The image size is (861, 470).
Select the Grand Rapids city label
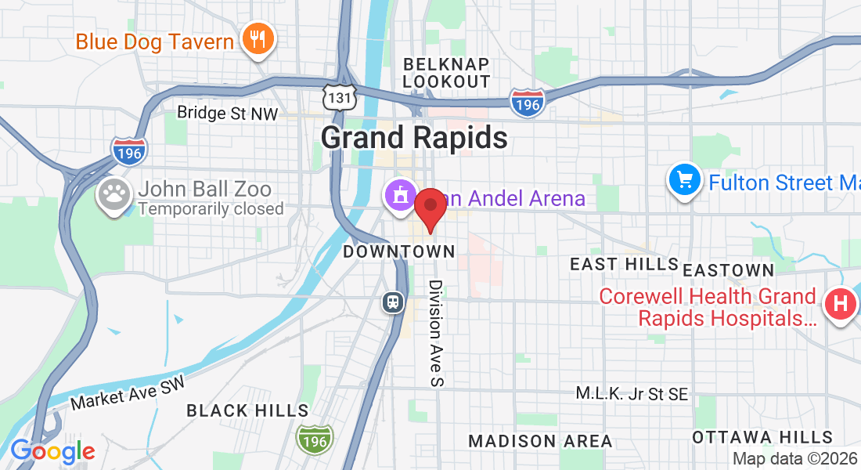click(x=414, y=138)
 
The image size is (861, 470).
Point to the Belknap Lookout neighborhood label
click(x=446, y=73)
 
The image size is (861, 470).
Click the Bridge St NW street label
click(x=227, y=113)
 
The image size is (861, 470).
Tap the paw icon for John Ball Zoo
click(x=115, y=196)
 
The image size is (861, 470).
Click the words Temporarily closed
click(x=211, y=209)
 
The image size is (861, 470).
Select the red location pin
click(x=430, y=209)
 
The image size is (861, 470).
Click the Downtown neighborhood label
click(x=398, y=251)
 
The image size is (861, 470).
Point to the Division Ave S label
click(x=436, y=333)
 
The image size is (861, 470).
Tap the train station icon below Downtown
click(x=393, y=301)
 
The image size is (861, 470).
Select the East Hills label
click(x=624, y=264)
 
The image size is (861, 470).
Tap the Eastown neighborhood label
click(x=728, y=270)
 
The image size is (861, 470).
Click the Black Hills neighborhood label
click(x=247, y=410)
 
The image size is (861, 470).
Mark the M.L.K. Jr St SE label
click(x=632, y=394)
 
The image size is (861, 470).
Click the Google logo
click(x=52, y=451)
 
